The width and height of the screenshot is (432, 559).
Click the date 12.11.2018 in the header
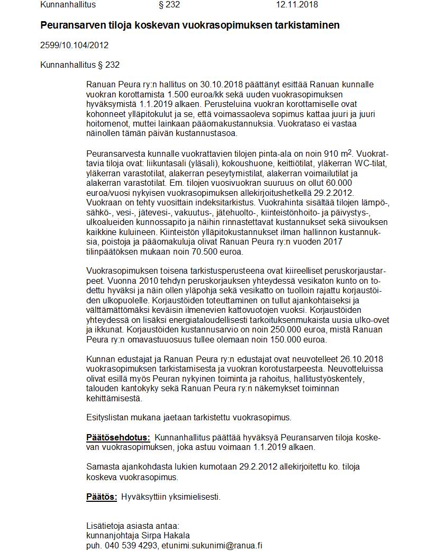[297, 5]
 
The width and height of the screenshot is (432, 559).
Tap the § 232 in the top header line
[169, 5]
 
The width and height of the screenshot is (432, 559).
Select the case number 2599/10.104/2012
[74, 45]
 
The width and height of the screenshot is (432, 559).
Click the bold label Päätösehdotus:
[118, 437]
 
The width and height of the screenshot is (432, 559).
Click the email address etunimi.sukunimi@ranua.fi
[212, 545]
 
